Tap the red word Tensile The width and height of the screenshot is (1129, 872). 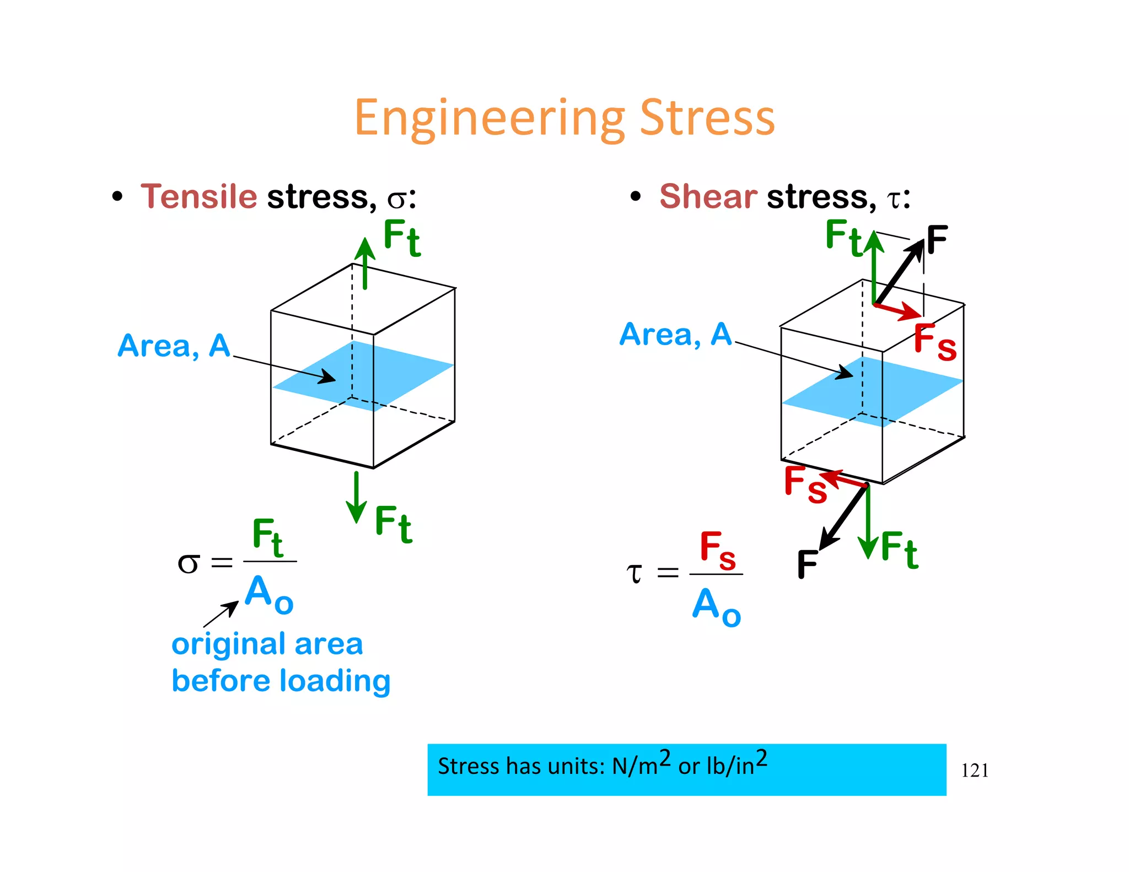(199, 196)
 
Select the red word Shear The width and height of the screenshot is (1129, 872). (708, 196)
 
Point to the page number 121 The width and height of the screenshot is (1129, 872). (975, 770)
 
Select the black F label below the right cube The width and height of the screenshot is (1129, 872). (807, 564)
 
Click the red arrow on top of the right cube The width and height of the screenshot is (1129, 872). (899, 310)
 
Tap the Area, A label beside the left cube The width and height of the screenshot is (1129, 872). (174, 346)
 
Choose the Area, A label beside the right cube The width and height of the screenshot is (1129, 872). (675, 335)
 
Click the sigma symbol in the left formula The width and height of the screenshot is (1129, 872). (188, 564)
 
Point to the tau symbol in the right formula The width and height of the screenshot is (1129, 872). (635, 573)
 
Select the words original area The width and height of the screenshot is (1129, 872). (267, 644)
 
